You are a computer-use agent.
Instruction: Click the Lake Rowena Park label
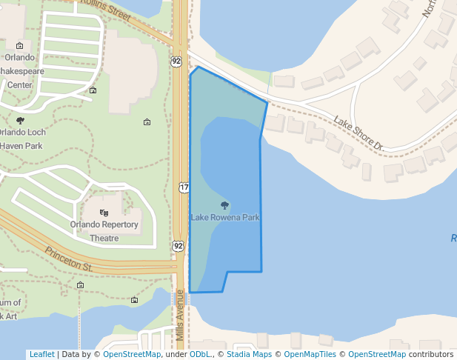[x=225, y=218]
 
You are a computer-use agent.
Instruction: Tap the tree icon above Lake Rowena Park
[x=225, y=205]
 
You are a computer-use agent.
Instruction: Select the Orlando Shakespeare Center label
[x=19, y=71]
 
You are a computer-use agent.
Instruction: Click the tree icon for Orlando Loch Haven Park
[x=20, y=120]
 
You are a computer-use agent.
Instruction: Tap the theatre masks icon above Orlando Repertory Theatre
[x=104, y=213]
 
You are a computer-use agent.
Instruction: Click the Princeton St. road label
[x=67, y=259]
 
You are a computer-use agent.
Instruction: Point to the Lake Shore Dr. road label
[x=357, y=133]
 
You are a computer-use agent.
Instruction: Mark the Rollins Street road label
[x=107, y=9]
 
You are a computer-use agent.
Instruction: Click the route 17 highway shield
[x=184, y=187]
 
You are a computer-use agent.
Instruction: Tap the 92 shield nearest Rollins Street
[x=176, y=61]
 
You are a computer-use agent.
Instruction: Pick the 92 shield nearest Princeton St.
[x=179, y=245]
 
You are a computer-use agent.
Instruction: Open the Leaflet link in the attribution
[x=41, y=355]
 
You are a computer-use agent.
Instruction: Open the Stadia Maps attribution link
[x=249, y=355]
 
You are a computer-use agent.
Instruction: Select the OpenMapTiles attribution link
[x=311, y=355]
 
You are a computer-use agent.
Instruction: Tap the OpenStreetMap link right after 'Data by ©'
[x=132, y=355]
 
